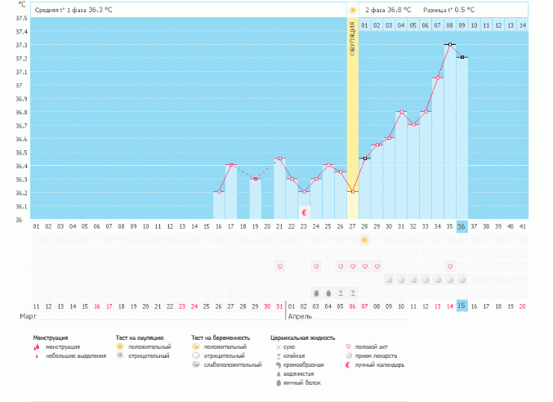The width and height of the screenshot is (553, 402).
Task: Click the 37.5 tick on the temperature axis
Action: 20,18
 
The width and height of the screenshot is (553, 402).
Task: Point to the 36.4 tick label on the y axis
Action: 20,166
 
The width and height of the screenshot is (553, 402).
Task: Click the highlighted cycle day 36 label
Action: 462,226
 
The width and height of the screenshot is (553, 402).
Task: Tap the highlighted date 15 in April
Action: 462,306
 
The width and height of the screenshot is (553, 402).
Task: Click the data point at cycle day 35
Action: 449,44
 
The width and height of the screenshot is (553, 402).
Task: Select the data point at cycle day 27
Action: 353,191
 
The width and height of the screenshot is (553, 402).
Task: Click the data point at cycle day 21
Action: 280,159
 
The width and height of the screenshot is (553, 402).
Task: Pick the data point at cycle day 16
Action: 219,192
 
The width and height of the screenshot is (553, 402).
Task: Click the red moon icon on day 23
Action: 305,212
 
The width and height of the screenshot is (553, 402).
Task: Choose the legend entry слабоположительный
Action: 227,365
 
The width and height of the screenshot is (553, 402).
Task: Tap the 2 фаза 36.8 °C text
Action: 387,10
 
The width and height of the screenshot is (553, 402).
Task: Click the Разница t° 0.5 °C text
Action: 448,10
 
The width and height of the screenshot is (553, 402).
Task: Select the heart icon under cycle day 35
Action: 449,266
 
